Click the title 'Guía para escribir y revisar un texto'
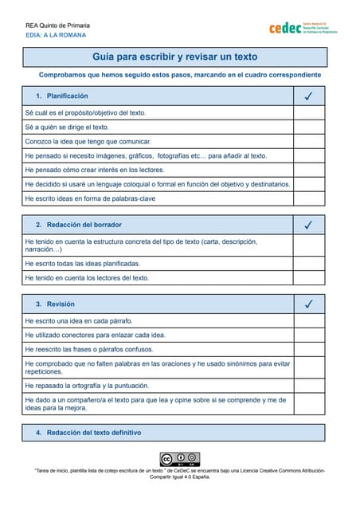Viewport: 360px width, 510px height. (174, 57)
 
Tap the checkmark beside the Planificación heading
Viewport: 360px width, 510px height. (308, 96)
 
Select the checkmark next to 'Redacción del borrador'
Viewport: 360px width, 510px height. (308, 225)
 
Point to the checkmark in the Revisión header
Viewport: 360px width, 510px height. (308, 304)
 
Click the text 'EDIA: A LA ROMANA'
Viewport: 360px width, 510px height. (56, 35)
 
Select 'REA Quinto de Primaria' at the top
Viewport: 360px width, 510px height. (61, 25)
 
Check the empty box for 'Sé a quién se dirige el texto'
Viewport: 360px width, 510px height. (308, 127)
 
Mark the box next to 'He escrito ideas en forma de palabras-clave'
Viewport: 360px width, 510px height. (308, 198)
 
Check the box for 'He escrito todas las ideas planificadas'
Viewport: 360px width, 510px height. (308, 263)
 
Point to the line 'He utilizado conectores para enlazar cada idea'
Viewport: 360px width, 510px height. (95, 335)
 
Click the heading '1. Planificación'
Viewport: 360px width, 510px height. (61, 96)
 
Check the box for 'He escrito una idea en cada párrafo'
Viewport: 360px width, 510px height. (308, 320)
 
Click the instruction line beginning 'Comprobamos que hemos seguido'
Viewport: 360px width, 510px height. (180, 75)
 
